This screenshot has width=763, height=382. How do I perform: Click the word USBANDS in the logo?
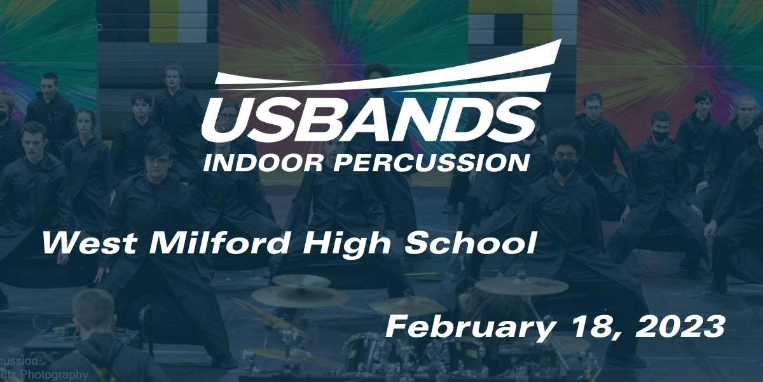368,121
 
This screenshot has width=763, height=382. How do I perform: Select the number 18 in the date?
575,328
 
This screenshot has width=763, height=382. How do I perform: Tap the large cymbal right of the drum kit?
521,285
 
